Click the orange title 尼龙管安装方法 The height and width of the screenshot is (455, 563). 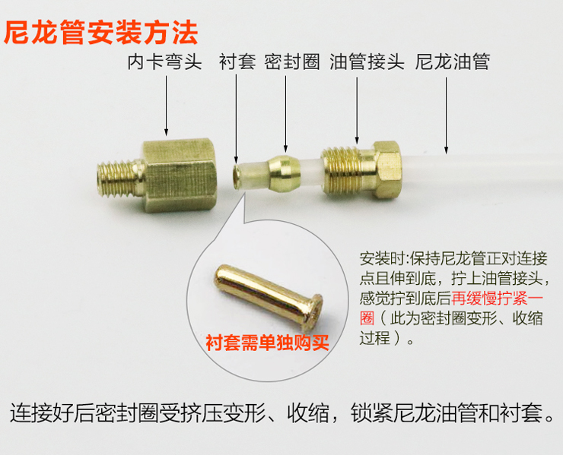(x=101, y=33)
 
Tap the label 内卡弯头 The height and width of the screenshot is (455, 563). (x=165, y=62)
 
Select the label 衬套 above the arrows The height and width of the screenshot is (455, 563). (x=237, y=62)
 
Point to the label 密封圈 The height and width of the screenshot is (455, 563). (x=292, y=62)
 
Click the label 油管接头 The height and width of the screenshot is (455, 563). (x=367, y=62)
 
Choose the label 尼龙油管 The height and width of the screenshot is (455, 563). (x=453, y=62)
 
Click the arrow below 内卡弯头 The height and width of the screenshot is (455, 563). (x=167, y=106)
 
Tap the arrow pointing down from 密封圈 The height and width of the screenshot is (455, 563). (x=285, y=114)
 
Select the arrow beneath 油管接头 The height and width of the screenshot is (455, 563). (x=357, y=111)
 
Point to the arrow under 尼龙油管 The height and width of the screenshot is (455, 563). (x=446, y=115)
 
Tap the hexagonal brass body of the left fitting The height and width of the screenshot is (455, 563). (x=180, y=175)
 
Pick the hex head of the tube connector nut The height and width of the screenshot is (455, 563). (x=389, y=170)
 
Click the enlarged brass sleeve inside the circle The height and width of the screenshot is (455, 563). (x=269, y=294)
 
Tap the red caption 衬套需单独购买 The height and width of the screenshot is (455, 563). (x=268, y=343)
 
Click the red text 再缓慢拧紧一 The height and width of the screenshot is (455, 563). (x=498, y=299)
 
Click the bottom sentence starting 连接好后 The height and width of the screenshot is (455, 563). (x=282, y=413)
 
